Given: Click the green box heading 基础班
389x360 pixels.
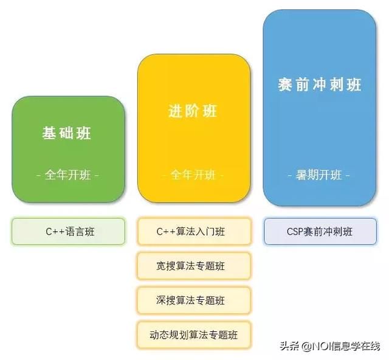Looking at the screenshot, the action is tap(66, 133).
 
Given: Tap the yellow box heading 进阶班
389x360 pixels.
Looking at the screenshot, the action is tap(193, 111).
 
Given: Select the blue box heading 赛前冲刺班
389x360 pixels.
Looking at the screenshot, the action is tap(320, 85).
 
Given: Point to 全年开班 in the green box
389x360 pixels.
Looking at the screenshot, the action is tap(67, 175).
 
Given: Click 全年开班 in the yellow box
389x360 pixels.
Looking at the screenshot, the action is tap(193, 175).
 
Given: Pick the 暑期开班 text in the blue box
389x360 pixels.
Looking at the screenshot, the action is tap(318, 175).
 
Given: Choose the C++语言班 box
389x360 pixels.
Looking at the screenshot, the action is tap(68, 232).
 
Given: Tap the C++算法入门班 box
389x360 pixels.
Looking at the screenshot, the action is tap(194, 232).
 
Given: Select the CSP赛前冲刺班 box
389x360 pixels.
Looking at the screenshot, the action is tap(320, 232).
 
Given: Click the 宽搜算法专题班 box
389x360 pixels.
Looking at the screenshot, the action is tap(194, 266).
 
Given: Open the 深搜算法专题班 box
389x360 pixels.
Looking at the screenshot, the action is tap(194, 300).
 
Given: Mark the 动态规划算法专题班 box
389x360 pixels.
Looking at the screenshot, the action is tap(194, 335).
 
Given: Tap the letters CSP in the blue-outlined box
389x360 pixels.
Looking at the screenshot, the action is tap(295, 232).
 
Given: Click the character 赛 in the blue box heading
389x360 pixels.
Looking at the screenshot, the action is tap(284, 85).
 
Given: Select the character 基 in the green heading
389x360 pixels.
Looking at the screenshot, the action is tap(49, 133).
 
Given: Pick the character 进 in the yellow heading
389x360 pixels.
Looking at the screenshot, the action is tap(175, 111).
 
